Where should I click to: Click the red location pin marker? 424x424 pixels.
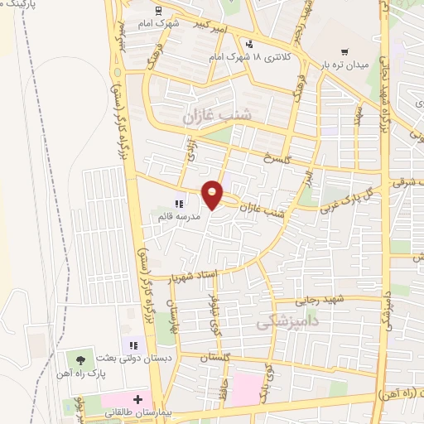[x=212, y=194]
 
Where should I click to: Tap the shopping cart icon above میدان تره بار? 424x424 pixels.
[x=355, y=51]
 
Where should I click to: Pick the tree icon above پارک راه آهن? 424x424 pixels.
[x=80, y=359]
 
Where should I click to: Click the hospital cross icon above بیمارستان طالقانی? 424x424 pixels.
[x=137, y=398]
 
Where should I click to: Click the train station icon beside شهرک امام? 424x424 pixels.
[x=157, y=11]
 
